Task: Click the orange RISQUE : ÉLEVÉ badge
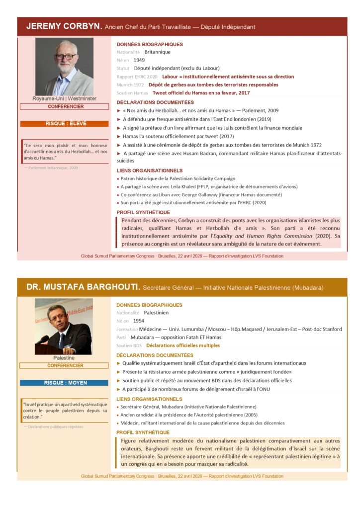tap(64, 124)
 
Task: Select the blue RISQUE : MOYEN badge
tap(64, 383)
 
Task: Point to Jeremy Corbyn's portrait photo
tap(64, 66)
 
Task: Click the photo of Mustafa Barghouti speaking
tap(64, 326)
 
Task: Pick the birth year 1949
tap(139, 60)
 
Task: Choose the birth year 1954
tap(139, 321)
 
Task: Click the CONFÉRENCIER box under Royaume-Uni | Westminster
tap(64, 106)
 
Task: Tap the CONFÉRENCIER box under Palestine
tap(64, 365)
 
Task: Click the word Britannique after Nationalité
tap(157, 52)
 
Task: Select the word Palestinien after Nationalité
tap(156, 313)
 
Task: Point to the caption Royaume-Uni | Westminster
tap(64, 98)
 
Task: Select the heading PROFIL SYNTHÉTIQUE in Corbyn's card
tap(143, 212)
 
